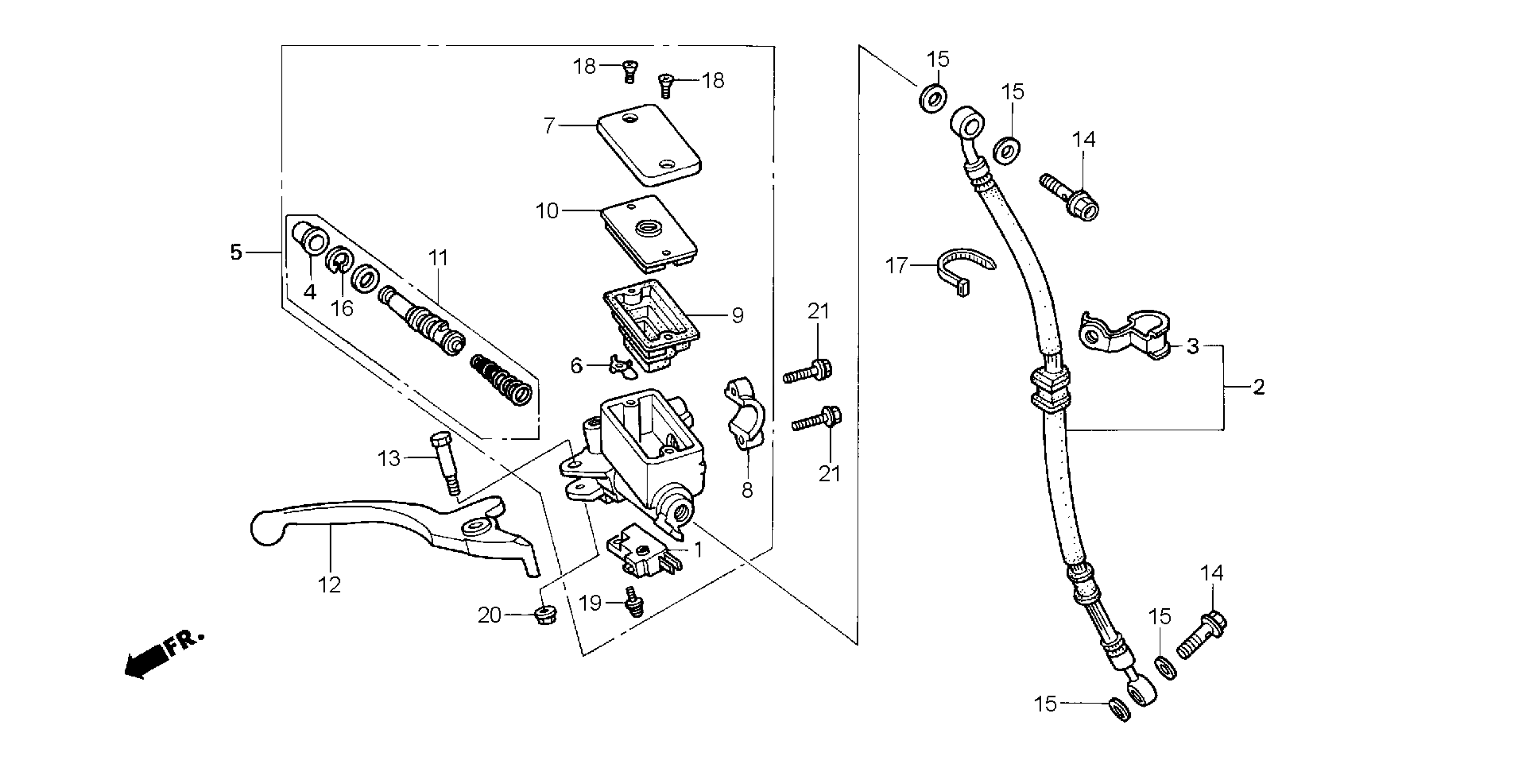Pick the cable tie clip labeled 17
coord(963,269)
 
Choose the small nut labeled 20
coord(542,616)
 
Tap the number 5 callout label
coord(236,253)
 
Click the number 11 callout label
coord(439,258)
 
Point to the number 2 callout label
coord(1258,387)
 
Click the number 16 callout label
coord(342,308)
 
